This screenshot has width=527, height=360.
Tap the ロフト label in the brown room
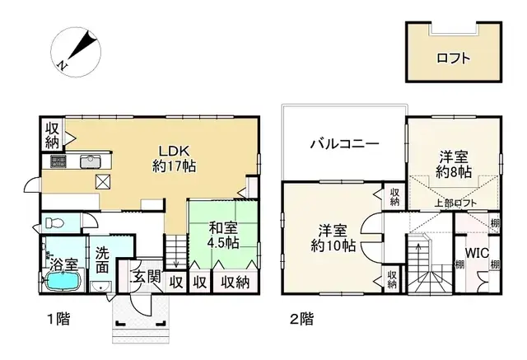pos(454,58)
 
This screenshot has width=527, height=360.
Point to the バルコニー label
pos(344,143)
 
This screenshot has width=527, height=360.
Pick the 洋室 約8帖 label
pos(453,164)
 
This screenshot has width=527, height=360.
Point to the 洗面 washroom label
pos(101,261)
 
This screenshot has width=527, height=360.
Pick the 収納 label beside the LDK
pos(51,135)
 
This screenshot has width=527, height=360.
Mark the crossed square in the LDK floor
pos(104,183)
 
